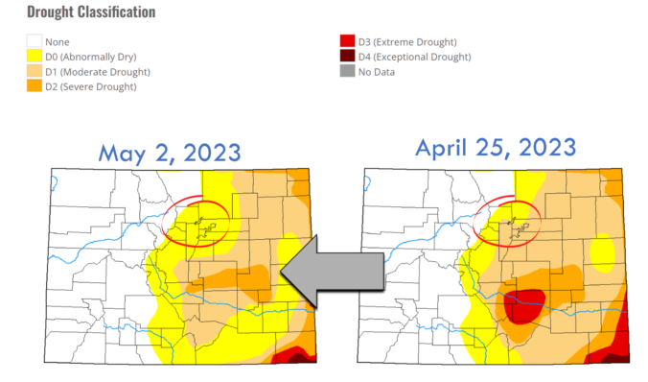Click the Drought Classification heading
click(x=91, y=12)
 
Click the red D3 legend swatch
click(x=347, y=42)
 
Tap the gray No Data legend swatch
click(x=347, y=72)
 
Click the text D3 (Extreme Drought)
click(x=407, y=42)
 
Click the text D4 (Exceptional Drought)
click(x=417, y=58)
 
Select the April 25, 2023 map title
click(x=495, y=148)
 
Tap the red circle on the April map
click(x=510, y=219)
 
